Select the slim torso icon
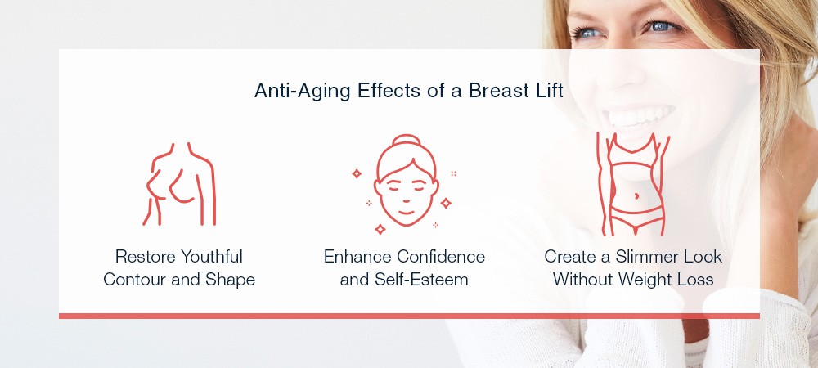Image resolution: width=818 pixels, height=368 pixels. point(633,184)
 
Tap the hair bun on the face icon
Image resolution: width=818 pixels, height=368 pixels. point(406,141)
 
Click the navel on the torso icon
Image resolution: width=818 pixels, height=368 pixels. point(636,195)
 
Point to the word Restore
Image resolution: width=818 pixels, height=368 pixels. point(145,257)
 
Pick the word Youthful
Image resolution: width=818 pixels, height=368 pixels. point(211,258)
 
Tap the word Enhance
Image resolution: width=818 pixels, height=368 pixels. point(357,257)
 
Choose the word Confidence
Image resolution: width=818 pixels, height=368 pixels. point(441,257)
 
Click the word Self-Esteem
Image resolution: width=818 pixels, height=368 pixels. point(421,280)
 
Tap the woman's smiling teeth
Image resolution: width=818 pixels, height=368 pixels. point(641,117)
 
